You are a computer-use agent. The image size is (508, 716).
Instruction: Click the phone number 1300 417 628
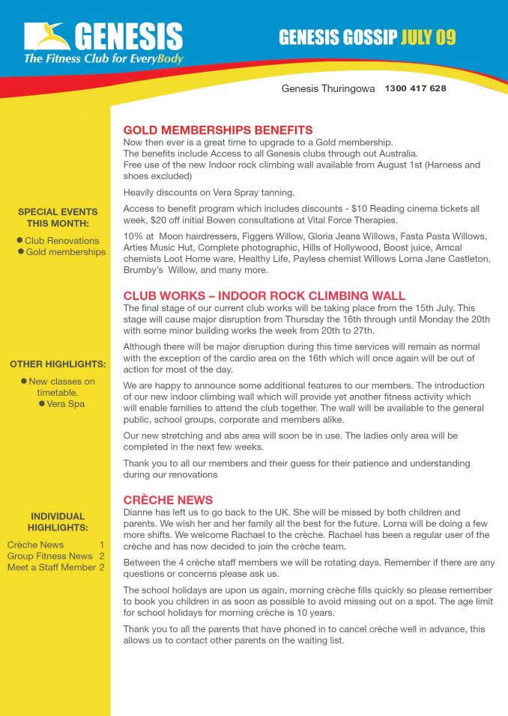(x=415, y=88)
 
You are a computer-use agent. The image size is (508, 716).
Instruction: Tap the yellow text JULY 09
(x=428, y=37)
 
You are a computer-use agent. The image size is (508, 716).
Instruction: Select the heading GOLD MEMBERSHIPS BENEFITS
(x=217, y=130)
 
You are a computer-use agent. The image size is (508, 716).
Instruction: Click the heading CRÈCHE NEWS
(x=168, y=500)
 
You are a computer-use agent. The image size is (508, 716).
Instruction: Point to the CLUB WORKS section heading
(x=264, y=296)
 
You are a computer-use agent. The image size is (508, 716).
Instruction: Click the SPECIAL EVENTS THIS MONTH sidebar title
(x=57, y=218)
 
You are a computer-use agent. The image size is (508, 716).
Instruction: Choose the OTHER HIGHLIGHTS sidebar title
(x=57, y=365)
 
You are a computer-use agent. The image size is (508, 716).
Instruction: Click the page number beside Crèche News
(x=101, y=545)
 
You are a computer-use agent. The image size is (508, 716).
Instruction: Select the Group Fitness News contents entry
(x=49, y=557)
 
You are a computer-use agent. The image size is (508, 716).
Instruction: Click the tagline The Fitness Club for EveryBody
(x=103, y=58)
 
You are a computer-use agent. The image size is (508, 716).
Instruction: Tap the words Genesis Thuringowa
(x=328, y=88)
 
